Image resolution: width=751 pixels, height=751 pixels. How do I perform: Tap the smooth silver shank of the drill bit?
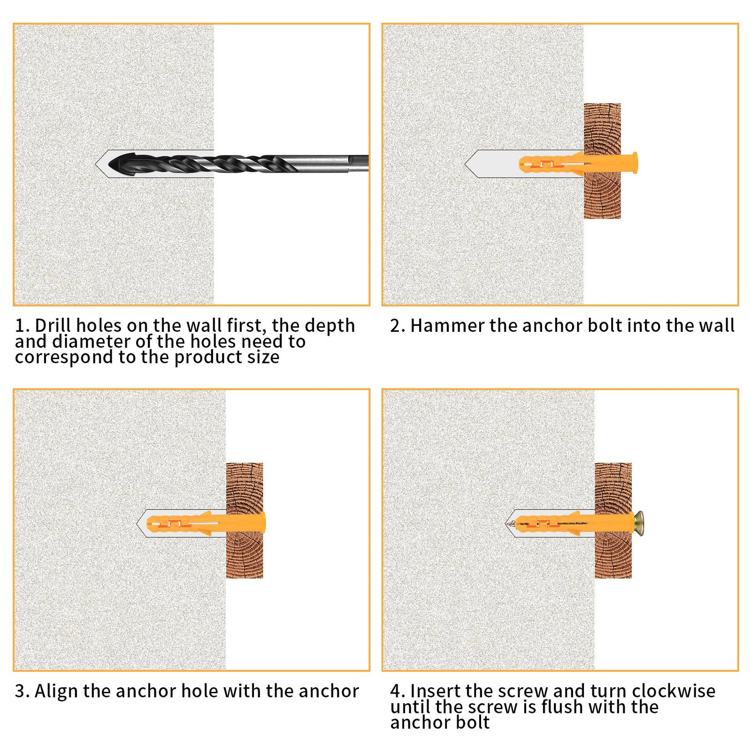(x=329, y=163)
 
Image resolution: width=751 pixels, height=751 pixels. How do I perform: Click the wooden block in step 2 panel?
(x=602, y=161)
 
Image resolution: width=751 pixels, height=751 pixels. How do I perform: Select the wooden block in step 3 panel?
(x=245, y=520)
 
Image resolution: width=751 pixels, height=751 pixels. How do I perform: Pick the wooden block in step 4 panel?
(x=613, y=520)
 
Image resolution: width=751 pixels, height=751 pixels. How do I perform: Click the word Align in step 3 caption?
(x=57, y=691)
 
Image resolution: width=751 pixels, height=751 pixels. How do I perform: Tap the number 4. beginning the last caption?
(x=398, y=691)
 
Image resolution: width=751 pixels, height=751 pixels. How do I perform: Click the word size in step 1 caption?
(x=263, y=357)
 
